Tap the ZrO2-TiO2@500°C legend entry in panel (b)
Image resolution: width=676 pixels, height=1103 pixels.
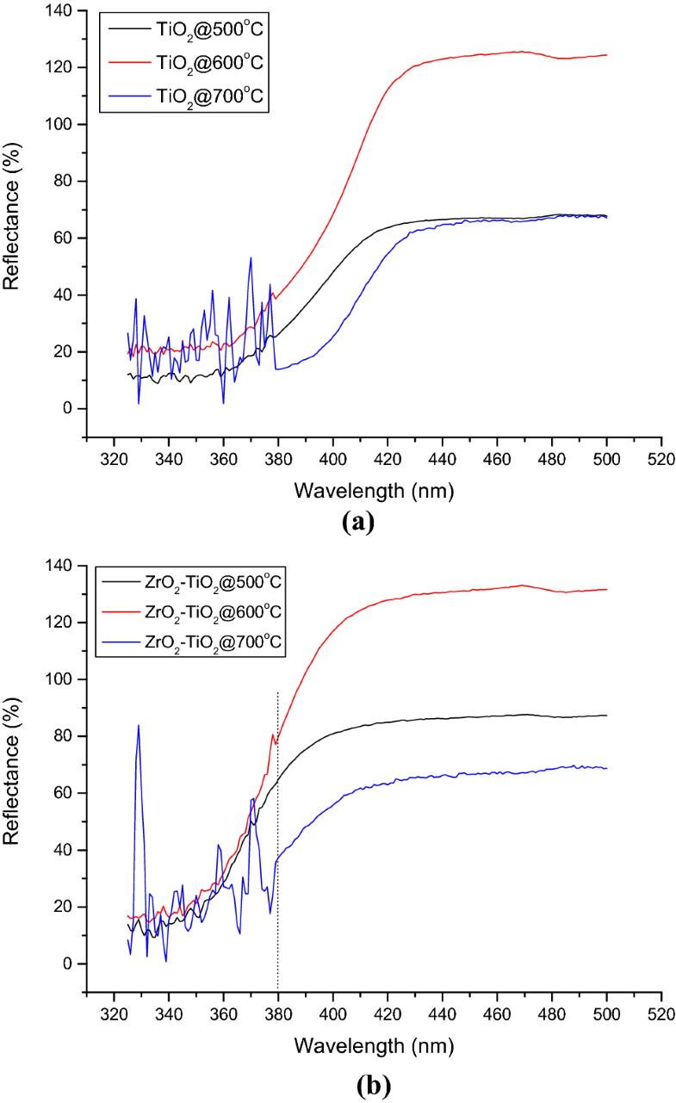(207, 583)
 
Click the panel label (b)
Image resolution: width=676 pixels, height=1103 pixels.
(357, 1078)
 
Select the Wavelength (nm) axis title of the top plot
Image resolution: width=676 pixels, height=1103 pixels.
(373, 491)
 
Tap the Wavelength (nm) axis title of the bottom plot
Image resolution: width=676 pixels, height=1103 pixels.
(373, 1045)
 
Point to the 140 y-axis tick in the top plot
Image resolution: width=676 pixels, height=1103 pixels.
(60, 10)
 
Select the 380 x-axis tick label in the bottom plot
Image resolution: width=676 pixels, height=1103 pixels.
(278, 1015)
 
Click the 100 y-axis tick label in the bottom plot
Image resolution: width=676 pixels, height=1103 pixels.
(60, 679)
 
